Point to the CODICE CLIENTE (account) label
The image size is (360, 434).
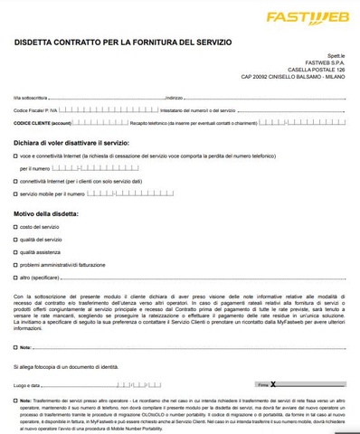[43, 120]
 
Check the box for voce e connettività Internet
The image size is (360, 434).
[15, 156]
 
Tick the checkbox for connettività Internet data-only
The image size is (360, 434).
[15, 181]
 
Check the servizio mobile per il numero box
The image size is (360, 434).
[15, 193]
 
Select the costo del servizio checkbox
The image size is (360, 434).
[15, 226]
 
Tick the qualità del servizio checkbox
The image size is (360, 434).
[15, 240]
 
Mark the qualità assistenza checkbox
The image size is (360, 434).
[15, 252]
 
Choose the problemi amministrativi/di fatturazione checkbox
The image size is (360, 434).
[15, 265]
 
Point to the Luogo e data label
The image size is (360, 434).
[27, 385]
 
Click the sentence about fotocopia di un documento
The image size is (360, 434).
[66, 366]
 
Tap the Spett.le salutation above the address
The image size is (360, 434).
[336, 54]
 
